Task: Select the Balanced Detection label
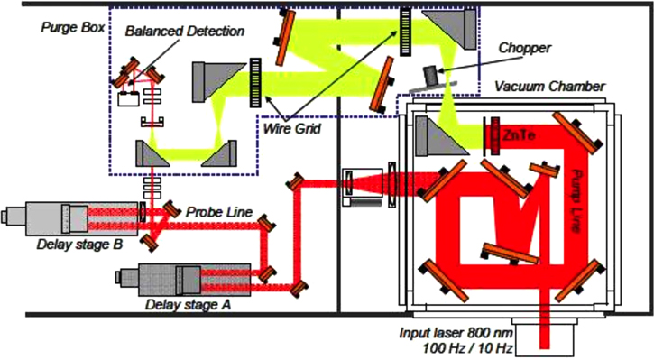(186, 32)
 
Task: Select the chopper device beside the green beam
(439, 74)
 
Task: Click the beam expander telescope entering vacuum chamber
(364, 181)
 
